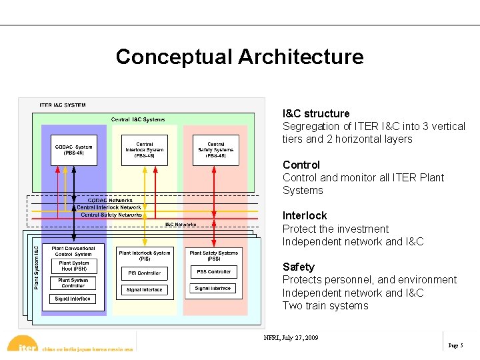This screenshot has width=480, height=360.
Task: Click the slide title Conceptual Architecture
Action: [x=239, y=57]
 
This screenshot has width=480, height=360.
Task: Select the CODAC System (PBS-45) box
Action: [x=74, y=150]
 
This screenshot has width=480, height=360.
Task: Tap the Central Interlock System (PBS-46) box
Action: [x=145, y=150]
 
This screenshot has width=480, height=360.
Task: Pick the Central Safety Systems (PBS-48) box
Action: [x=215, y=150]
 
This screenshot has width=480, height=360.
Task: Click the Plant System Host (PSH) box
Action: [x=73, y=266]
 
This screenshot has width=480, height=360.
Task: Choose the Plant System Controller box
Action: [x=73, y=283]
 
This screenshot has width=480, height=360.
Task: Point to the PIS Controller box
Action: [x=144, y=273]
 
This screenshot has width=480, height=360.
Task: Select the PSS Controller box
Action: [x=214, y=272]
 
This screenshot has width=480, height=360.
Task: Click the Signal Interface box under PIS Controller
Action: [x=144, y=290]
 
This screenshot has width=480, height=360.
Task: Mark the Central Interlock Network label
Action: [x=109, y=207]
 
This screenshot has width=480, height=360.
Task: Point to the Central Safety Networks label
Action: [x=111, y=215]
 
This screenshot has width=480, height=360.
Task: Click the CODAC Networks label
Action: [x=110, y=200]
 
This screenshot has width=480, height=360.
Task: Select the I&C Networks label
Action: [x=181, y=225]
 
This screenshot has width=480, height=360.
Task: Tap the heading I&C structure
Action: [x=316, y=113]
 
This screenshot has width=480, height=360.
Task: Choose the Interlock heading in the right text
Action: [x=305, y=215]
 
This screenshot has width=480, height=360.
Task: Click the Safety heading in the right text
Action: [x=298, y=267]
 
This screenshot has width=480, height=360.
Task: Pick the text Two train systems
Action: [x=325, y=305]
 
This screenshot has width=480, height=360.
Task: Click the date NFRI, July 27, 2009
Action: [x=291, y=337]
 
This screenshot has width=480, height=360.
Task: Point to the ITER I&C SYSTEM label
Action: [x=63, y=105]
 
